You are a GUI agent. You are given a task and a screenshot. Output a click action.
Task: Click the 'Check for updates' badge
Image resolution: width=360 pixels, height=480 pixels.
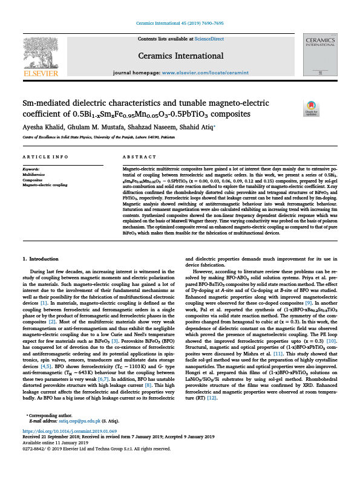[x=311, y=108]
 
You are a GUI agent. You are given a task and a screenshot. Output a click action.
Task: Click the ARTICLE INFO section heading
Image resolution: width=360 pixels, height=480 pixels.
[x=45, y=157]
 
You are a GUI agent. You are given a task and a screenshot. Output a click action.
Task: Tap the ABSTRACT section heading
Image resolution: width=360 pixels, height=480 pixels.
[x=136, y=157]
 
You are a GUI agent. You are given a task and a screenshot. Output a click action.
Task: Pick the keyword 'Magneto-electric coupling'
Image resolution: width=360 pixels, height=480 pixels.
[x=45, y=184]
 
